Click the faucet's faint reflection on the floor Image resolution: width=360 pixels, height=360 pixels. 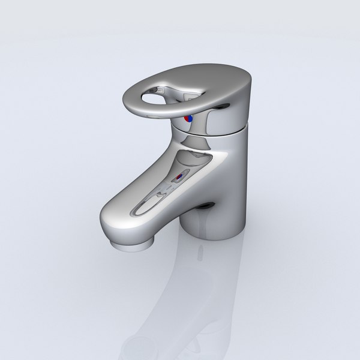click(x=198, y=294)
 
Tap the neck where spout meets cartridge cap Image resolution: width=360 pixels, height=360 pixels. click(x=192, y=141)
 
